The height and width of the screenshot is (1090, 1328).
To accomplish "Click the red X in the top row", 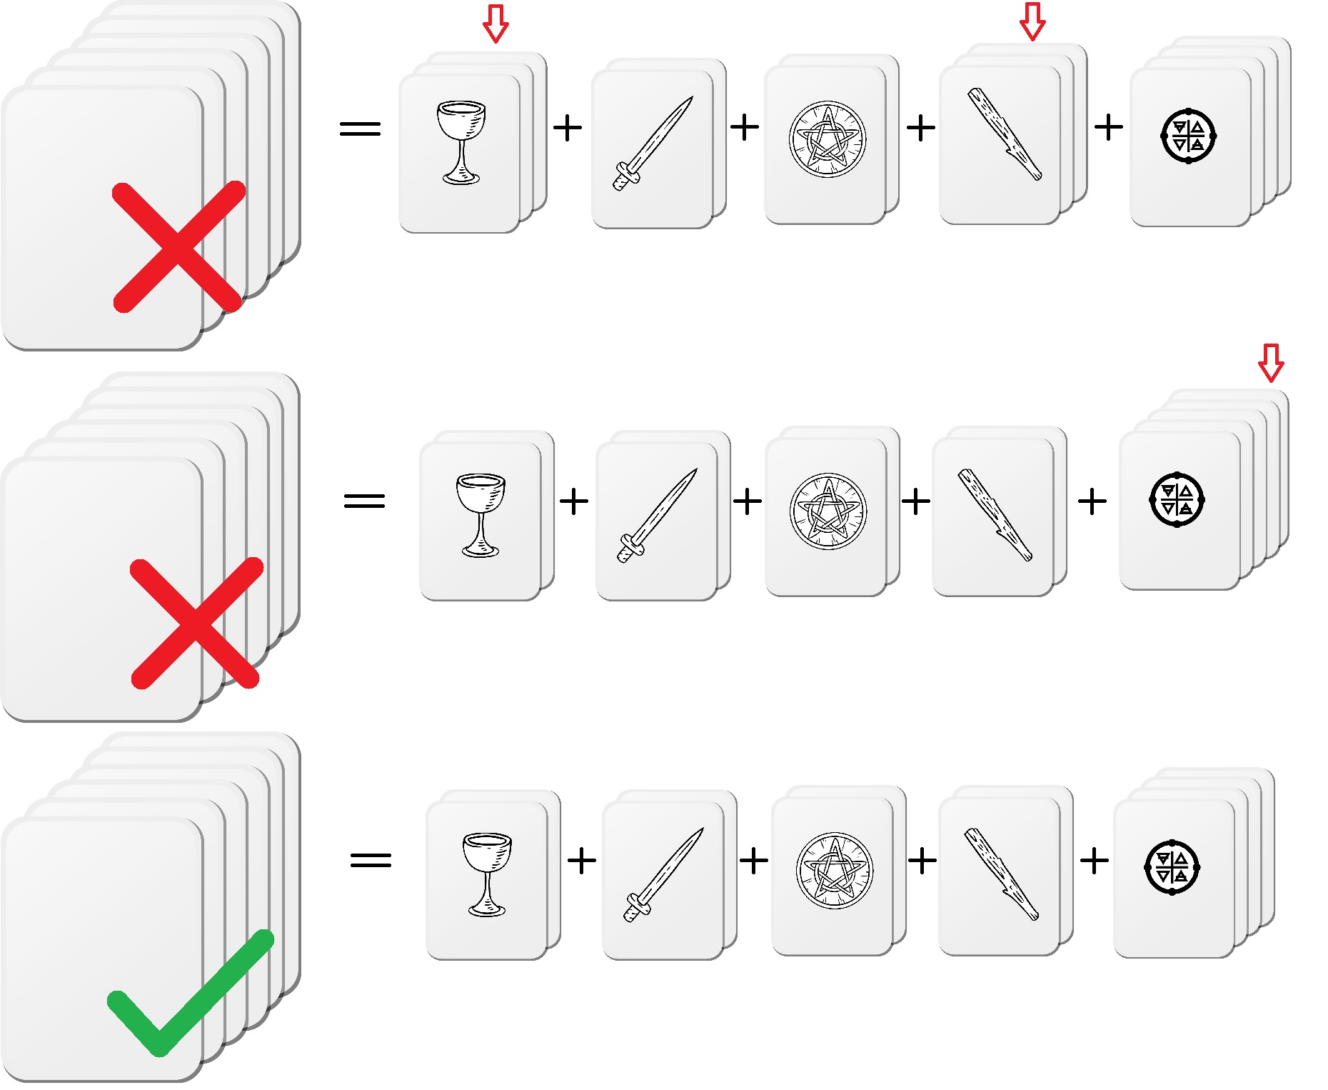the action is click(178, 247).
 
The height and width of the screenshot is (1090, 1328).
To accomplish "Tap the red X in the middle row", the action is click(196, 623).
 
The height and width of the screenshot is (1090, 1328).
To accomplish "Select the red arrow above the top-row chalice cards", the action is click(496, 23).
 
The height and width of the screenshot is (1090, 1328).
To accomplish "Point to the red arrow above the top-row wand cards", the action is click(1032, 21).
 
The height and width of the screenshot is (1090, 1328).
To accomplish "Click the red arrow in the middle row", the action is click(1271, 363).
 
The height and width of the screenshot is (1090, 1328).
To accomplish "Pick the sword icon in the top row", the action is click(653, 143).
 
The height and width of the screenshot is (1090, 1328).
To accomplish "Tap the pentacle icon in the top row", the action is click(828, 139).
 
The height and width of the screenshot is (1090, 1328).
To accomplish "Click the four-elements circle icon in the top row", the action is click(1189, 136).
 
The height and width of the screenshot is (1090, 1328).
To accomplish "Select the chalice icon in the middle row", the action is click(481, 515).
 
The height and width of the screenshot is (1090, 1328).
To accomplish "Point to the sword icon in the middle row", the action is click(657, 515).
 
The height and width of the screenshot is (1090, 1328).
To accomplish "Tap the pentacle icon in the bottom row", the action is click(834, 870).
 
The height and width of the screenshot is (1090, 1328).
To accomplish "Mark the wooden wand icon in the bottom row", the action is click(1001, 874).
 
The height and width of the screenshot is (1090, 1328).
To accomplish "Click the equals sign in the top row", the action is click(361, 129).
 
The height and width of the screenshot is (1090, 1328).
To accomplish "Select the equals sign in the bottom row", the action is click(371, 859).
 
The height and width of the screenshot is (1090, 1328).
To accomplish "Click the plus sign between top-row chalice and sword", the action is click(568, 129).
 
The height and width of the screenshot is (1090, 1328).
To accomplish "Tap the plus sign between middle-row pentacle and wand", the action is click(916, 501).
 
